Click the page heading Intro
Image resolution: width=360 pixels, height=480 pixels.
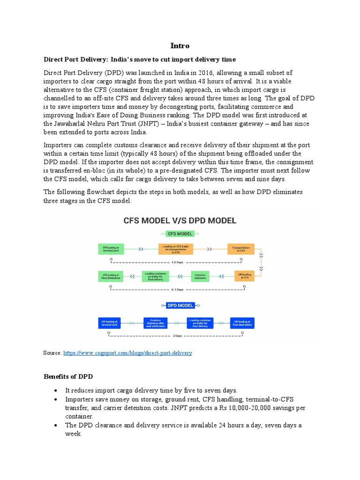(x=180, y=45)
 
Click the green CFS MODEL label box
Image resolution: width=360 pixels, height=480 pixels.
(x=180, y=234)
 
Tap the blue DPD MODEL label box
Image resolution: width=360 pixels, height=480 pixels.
(x=180, y=306)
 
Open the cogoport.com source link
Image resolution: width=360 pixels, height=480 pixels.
(x=127, y=352)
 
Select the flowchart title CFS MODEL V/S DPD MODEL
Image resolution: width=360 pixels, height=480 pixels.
(x=180, y=220)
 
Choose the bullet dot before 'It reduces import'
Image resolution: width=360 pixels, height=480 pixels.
(x=56, y=390)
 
